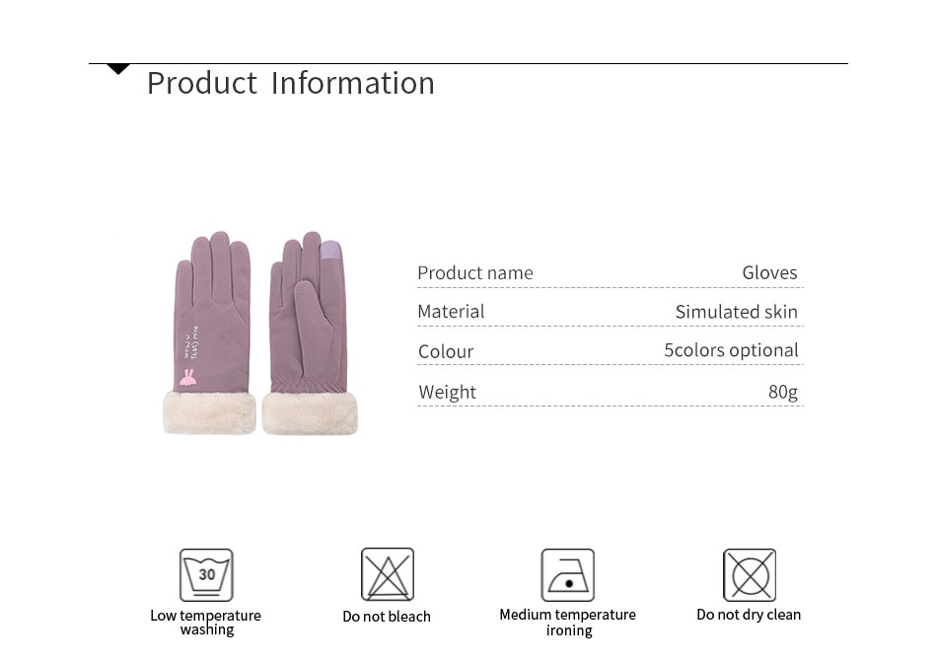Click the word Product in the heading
[x=202, y=83]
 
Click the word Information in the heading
[x=352, y=83]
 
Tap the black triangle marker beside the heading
[x=117, y=69]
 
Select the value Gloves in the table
[x=769, y=272]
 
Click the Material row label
[x=451, y=312]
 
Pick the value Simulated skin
[x=736, y=312]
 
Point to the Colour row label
[x=446, y=351]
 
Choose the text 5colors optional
[x=732, y=349]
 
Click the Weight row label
[x=447, y=392]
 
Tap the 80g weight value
[x=783, y=392]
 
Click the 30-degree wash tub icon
[x=206, y=574]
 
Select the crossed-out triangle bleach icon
[x=388, y=574]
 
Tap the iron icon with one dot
[x=568, y=574]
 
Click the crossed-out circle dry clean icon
[x=750, y=574]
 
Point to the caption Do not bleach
[x=387, y=617]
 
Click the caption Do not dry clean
[x=749, y=615]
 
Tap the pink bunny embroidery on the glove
[x=187, y=377]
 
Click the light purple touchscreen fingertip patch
[x=330, y=251]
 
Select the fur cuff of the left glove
[x=209, y=411]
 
